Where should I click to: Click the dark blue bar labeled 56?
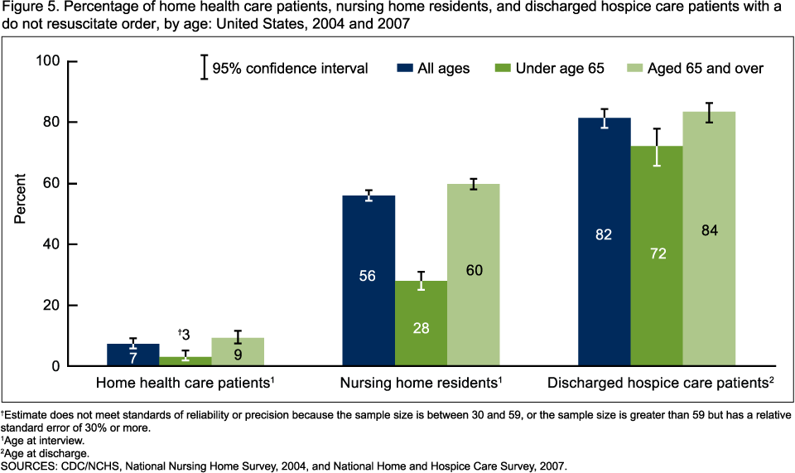[369, 281]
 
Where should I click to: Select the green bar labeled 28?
[421, 323]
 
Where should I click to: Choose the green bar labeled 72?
[656, 256]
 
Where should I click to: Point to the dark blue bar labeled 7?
[133, 355]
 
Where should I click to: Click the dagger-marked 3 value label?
[185, 335]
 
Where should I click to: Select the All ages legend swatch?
[405, 68]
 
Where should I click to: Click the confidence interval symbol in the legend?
[204, 67]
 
